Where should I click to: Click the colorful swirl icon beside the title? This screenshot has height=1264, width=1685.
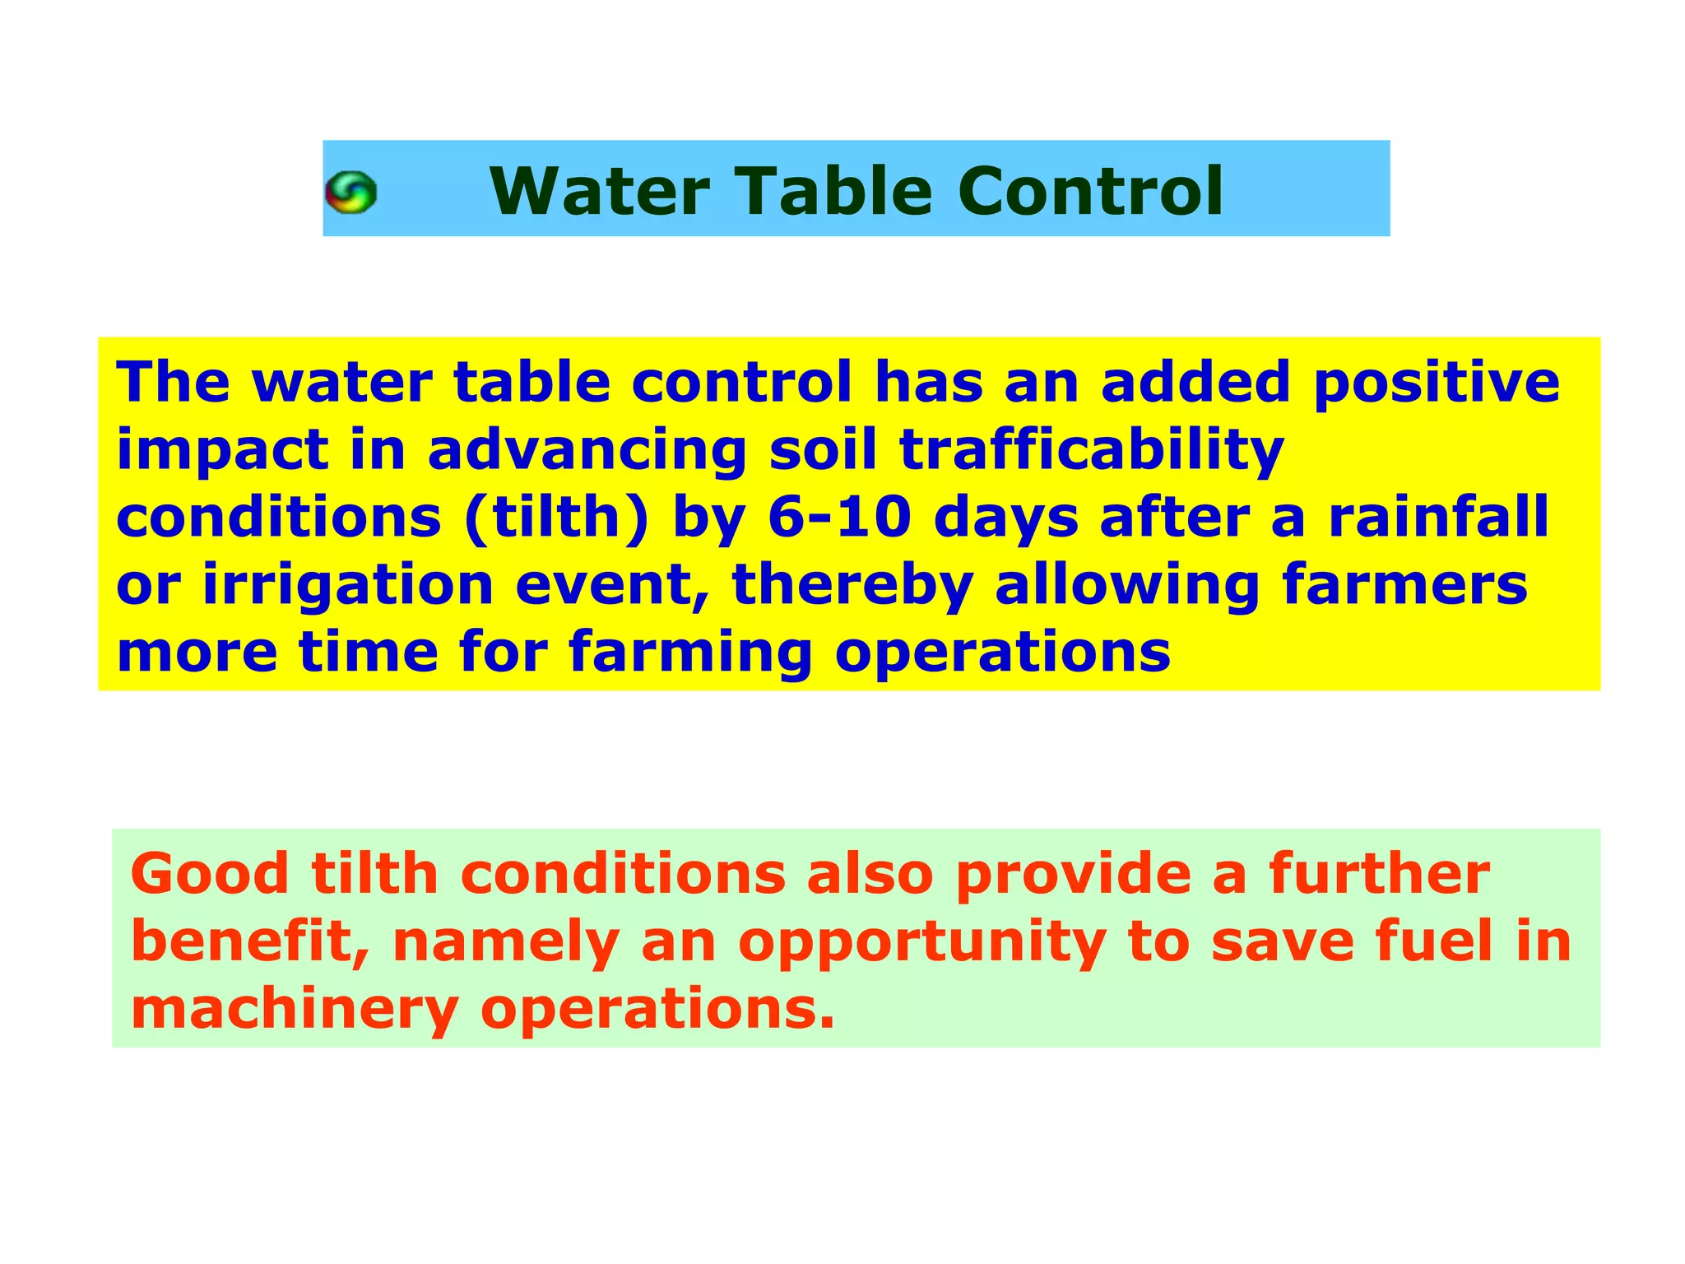[350, 193]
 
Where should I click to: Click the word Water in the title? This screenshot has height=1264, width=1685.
[599, 191]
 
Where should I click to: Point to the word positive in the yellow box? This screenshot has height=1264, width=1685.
[1435, 383]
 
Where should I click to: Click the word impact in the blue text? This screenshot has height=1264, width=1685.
[222, 451]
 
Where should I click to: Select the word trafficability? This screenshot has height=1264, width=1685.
[1091, 451]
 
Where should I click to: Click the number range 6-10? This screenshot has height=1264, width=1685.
[839, 518]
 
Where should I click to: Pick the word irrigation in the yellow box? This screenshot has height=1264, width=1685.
[347, 585]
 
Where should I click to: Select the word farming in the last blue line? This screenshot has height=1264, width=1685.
[689, 653]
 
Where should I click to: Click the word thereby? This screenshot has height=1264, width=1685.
[852, 585]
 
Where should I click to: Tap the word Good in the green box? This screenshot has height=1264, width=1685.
[210, 874]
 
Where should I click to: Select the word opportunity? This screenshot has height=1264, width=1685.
[921, 943]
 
